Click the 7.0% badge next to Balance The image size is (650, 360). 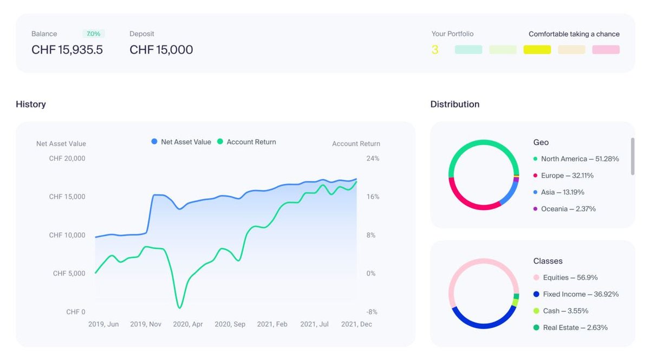coord(94,34)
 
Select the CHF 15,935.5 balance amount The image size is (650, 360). coord(67,50)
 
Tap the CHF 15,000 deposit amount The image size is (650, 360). coord(161,50)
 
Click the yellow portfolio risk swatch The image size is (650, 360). coord(537,50)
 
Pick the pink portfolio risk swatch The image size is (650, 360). coord(606,50)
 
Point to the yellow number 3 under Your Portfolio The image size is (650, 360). coord(435,50)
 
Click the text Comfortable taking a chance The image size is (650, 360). coord(574,34)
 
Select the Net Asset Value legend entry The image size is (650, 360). coord(181,142)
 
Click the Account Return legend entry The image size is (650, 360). coord(246,142)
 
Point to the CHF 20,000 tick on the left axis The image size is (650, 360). coord(67,159)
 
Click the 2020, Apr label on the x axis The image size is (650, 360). coord(188,324)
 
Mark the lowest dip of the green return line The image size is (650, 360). coord(179,308)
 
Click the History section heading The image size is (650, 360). coord(31,104)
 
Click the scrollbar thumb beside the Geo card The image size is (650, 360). coord(632,156)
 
